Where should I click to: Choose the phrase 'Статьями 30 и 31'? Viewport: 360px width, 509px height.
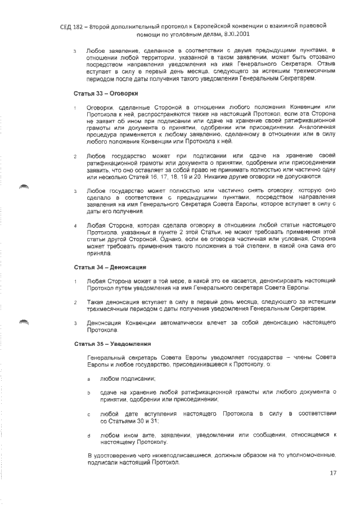click(x=129, y=421)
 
